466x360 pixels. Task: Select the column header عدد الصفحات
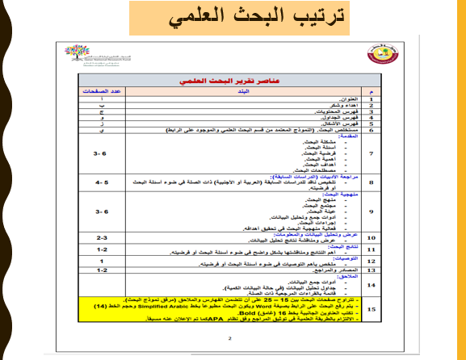103,93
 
